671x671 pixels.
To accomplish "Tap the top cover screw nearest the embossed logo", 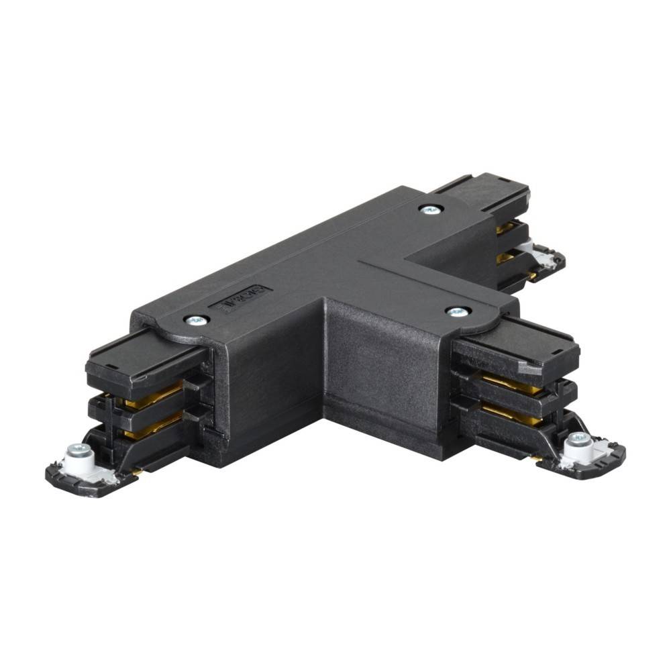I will coord(196,321).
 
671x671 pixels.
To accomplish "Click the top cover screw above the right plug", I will coord(458,311).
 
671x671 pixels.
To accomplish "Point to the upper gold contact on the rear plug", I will coord(506,229).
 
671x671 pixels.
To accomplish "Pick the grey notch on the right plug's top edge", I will coord(530,368).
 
